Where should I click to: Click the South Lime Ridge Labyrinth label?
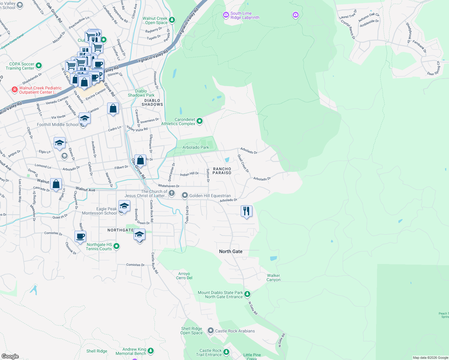245,16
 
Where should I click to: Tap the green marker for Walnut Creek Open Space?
172,20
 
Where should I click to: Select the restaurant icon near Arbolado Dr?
246,211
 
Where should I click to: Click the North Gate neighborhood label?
231,251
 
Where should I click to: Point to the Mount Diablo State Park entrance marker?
247,294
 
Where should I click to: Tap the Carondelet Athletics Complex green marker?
200,121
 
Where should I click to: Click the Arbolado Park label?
196,147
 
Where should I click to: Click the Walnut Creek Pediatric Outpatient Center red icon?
14,89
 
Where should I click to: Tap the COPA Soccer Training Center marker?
39,65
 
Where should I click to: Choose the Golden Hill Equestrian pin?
185,196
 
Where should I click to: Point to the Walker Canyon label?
273,277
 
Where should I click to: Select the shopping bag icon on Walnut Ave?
56,184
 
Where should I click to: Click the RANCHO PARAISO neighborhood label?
222,171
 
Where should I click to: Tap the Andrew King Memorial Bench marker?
151,351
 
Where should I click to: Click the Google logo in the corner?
10,356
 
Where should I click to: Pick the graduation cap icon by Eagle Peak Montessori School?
124,206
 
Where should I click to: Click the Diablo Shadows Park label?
141,93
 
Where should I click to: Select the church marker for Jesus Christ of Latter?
172,193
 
